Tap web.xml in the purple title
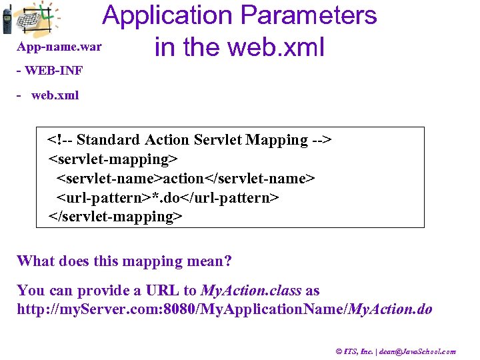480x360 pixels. click(276, 47)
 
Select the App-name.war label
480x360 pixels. click(59, 47)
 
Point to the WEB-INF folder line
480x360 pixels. click(49, 71)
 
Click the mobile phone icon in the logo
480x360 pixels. click(7, 19)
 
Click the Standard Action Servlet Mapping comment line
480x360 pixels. click(189, 140)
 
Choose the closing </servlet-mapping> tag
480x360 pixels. click(115, 217)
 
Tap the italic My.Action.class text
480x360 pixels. click(251, 291)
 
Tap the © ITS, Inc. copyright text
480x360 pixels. click(359, 351)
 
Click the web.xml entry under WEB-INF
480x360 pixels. click(55, 95)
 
